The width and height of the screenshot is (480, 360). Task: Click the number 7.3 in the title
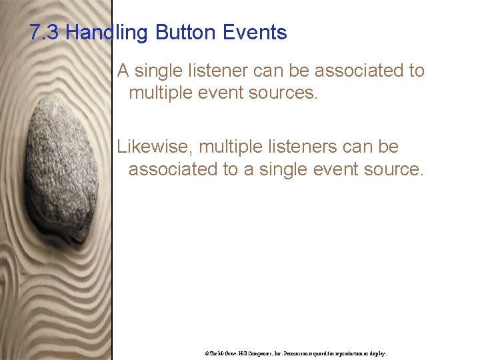pos(45,32)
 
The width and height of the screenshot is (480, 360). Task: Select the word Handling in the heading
pos(106,32)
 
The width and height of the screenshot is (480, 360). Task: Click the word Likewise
pos(155,147)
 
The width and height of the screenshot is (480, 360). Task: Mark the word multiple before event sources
pos(163,93)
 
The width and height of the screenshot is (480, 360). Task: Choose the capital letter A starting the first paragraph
pos(123,71)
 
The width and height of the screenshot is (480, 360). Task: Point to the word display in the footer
pos(377,353)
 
